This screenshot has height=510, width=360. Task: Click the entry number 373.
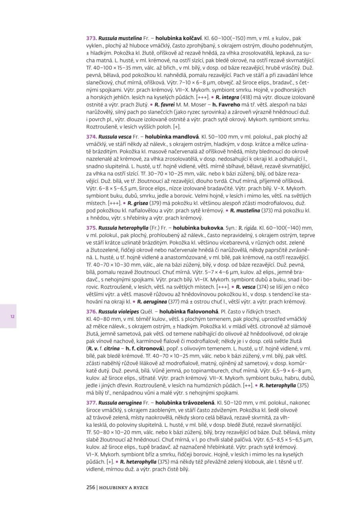pyautogui.click(x=92, y=38)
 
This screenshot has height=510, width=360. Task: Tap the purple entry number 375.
pyautogui.click(x=92, y=228)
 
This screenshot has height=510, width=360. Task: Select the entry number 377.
pyautogui.click(x=92, y=403)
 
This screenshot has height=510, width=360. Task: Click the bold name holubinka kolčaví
pyautogui.click(x=179, y=38)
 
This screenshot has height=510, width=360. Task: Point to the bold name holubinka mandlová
pyautogui.click(x=175, y=137)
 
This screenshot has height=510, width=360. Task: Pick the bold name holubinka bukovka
pyautogui.click(x=198, y=228)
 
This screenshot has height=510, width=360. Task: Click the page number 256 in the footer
pyautogui.click(x=91, y=487)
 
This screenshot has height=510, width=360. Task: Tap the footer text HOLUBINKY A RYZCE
pyautogui.click(x=124, y=487)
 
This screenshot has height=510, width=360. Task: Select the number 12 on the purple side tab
pyautogui.click(x=13, y=316)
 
